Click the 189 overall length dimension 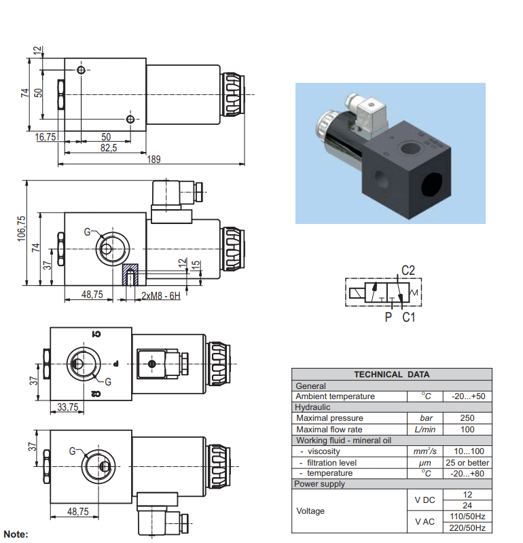154,160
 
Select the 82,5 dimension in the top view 109,148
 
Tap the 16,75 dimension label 46,137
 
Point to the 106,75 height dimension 22,229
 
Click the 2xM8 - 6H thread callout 161,296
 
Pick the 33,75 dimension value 68,407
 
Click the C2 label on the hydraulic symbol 408,270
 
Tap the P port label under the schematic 389,317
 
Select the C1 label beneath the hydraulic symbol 409,317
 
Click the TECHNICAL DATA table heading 392,375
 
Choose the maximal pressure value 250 467,418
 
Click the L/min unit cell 425,430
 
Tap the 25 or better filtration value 467,463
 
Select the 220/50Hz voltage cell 467,528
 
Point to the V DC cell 425,500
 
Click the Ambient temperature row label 335,396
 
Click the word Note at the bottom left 16,534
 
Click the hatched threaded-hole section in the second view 130,275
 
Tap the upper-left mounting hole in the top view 81,71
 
